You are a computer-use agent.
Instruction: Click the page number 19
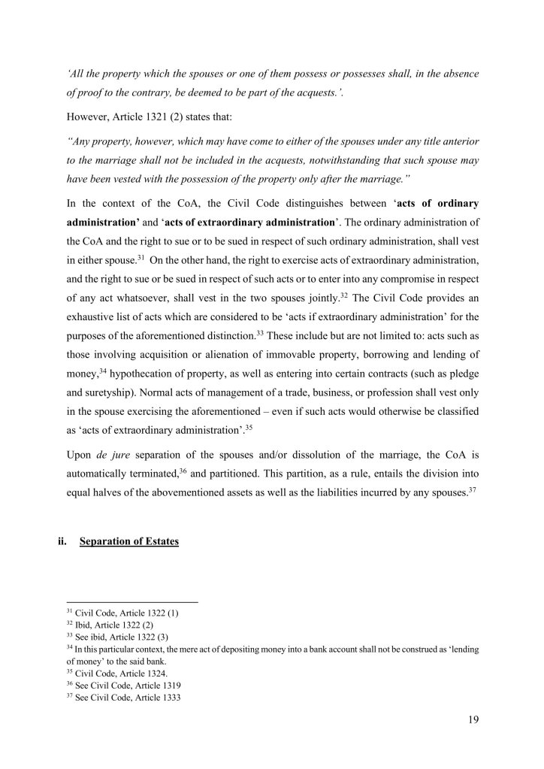coord(473,718)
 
